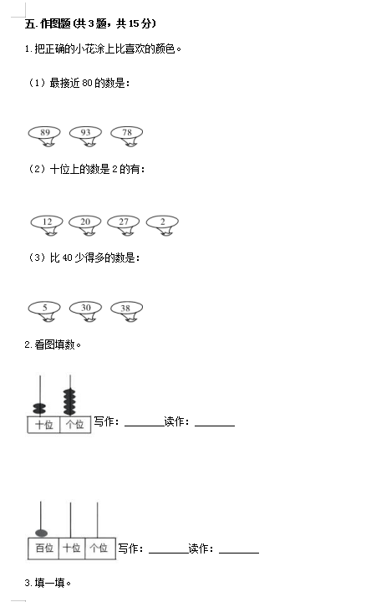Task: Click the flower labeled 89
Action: [44, 135]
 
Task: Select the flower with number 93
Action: [85, 135]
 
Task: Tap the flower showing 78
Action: [127, 135]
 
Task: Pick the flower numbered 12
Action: [47, 224]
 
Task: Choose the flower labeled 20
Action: [85, 224]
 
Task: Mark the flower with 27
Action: [124, 224]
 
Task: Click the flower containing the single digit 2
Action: [162, 224]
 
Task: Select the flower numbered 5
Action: [44, 310]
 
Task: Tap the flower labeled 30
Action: [85, 310]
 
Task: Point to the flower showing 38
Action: [127, 310]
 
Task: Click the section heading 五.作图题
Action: [48, 23]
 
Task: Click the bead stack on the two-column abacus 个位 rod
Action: [70, 401]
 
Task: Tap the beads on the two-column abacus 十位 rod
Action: [39, 409]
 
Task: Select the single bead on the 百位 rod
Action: [41, 533]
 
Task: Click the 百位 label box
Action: [43, 548]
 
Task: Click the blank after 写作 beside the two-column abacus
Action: [145, 426]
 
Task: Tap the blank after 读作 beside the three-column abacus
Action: [239, 553]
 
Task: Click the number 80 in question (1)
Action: [87, 83]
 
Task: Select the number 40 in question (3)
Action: [67, 258]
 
